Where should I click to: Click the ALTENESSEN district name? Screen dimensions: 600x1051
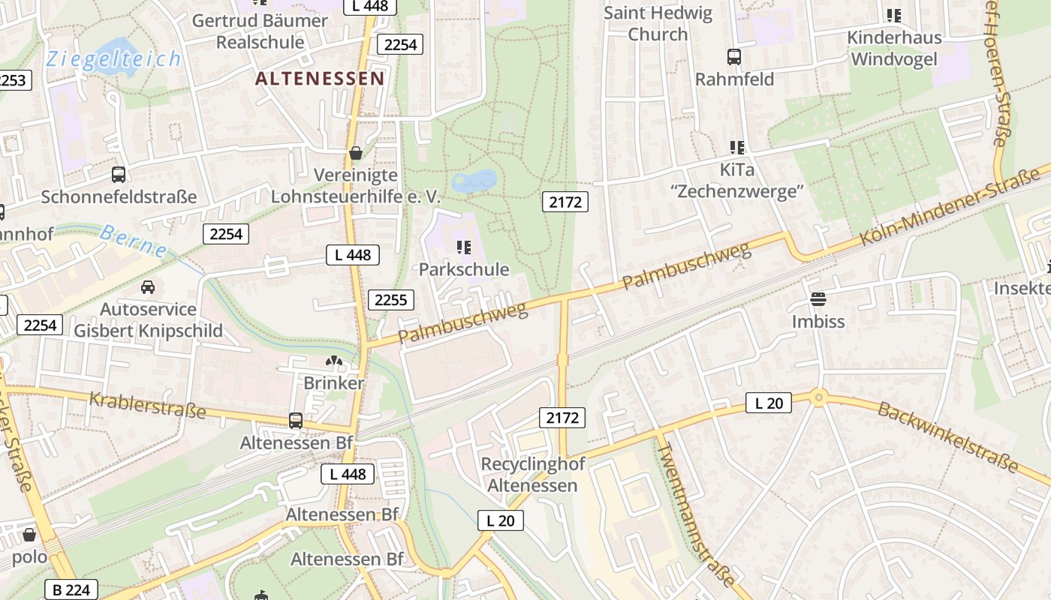tap(320, 78)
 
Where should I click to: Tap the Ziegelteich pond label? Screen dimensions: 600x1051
tap(113, 59)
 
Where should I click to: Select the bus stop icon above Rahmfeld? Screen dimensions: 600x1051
tap(733, 56)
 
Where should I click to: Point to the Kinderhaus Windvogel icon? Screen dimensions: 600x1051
tap(893, 15)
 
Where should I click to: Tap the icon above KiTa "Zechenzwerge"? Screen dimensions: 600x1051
tap(736, 148)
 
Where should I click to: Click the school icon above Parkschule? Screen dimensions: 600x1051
tap(463, 247)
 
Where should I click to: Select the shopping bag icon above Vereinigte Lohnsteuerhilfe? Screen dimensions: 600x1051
tap(356, 153)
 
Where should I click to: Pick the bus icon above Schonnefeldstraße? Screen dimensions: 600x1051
tap(119, 175)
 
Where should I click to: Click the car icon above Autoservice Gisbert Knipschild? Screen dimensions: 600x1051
tap(148, 286)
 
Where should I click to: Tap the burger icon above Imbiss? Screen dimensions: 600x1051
tap(818, 299)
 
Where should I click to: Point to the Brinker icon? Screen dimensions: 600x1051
tap(333, 361)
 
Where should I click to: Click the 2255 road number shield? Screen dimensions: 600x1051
tap(390, 300)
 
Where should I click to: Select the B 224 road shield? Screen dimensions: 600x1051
tap(72, 589)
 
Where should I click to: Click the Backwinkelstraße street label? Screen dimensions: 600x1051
tap(947, 436)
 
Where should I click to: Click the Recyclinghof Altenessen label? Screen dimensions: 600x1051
tap(529, 474)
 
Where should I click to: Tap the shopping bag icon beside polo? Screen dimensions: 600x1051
tap(29, 535)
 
